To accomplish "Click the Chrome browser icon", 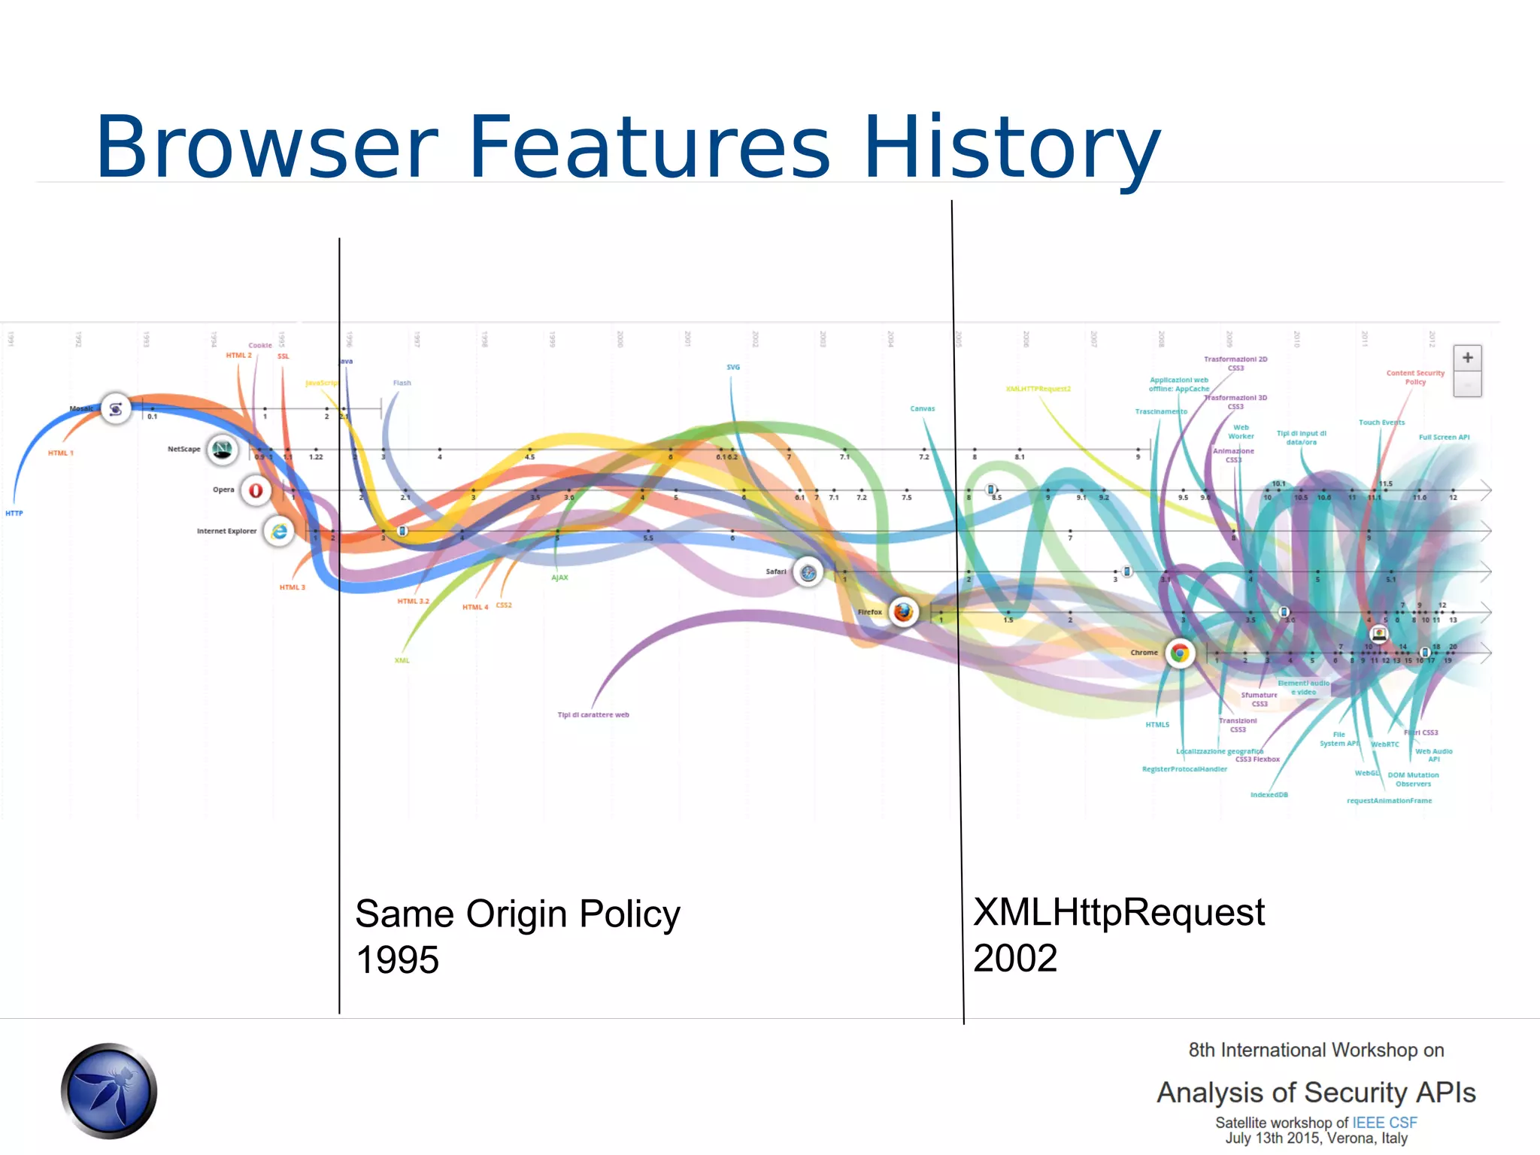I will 1180,653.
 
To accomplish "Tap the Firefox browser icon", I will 903,612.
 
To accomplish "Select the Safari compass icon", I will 808,573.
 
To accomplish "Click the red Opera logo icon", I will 256,490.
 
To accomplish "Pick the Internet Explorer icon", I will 279,532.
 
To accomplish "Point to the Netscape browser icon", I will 222,450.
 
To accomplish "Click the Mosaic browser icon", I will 116,409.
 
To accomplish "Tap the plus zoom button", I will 1467,358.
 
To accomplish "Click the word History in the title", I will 1011,147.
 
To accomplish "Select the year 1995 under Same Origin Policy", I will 397,960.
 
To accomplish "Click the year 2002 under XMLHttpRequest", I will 1015,958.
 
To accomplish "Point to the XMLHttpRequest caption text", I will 1118,912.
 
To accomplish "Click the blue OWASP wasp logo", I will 109,1090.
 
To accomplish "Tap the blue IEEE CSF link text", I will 1384,1123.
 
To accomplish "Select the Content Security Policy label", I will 1415,377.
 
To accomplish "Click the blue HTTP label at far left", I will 14,514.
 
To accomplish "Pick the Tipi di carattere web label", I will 593,715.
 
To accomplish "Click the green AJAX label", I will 559,577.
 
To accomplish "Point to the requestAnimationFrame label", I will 1389,801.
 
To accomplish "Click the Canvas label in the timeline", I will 922,409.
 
